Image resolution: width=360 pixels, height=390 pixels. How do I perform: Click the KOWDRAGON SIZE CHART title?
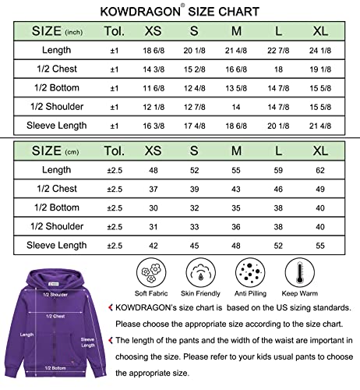click(179, 12)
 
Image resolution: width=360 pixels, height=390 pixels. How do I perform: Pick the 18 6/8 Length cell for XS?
click(152, 51)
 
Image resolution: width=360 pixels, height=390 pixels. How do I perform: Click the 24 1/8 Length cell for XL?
click(319, 51)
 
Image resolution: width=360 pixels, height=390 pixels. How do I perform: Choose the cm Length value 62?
click(319, 169)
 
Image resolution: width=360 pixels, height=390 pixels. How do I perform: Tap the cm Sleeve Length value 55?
click(319, 244)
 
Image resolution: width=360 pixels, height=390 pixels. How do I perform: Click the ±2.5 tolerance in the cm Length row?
click(115, 169)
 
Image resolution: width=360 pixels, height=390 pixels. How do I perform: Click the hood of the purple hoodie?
click(53, 277)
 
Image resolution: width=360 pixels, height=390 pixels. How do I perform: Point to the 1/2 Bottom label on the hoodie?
click(55, 367)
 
